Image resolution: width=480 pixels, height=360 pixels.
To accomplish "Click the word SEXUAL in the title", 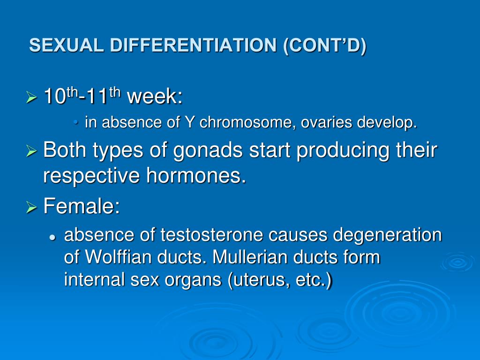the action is click(67, 45).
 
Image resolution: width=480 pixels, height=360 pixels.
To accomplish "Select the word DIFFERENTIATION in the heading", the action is click(194, 45).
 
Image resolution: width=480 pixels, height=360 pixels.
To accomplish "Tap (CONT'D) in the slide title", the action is click(325, 46).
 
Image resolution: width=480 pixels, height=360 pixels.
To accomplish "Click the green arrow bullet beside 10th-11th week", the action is click(31, 97).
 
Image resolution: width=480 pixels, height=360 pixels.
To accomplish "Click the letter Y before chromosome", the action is click(190, 122).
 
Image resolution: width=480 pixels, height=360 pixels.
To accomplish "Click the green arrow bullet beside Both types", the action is click(31, 150).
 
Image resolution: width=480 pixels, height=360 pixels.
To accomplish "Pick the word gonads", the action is click(208, 150).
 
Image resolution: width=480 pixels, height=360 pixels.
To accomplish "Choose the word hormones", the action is click(196, 176).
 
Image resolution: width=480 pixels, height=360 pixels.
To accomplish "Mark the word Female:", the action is click(82, 206).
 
